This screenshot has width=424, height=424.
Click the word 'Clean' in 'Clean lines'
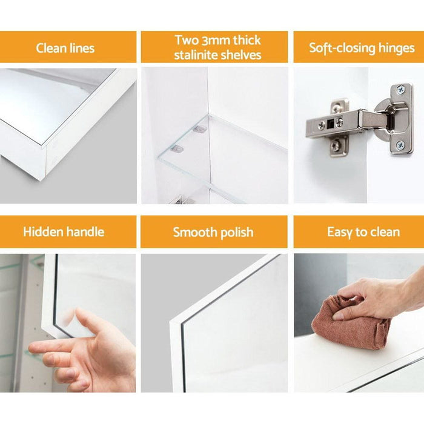coord(51,48)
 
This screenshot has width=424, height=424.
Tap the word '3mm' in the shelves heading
coord(214,41)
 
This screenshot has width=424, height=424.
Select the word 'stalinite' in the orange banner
coord(195,55)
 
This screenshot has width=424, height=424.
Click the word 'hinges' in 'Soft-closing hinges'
coord(396,48)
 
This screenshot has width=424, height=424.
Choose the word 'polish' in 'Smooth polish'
coord(237,233)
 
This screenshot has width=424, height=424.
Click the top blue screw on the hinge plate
coord(400,90)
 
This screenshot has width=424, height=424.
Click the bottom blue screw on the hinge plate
coord(400,145)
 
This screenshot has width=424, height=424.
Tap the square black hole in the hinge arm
coord(330,124)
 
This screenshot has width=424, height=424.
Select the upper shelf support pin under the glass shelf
coord(200,129)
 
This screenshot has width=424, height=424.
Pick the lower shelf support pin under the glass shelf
coord(177,148)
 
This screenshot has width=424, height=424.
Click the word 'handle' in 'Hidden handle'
coord(85,232)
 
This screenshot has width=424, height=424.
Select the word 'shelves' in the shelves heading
coord(240,55)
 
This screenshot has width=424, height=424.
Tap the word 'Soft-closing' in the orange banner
coord(342,48)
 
